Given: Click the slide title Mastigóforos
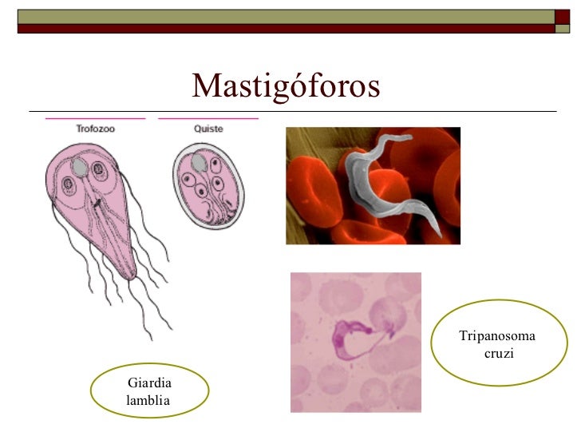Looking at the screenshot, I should click(286, 85).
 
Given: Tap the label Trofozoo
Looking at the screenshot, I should click(96, 128).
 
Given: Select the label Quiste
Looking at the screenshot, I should click(208, 128).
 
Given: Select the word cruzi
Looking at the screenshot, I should click(498, 352).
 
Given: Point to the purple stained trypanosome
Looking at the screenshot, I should click(355, 335).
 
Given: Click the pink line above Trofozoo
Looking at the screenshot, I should click(96, 118).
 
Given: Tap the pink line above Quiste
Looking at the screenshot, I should click(208, 118).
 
